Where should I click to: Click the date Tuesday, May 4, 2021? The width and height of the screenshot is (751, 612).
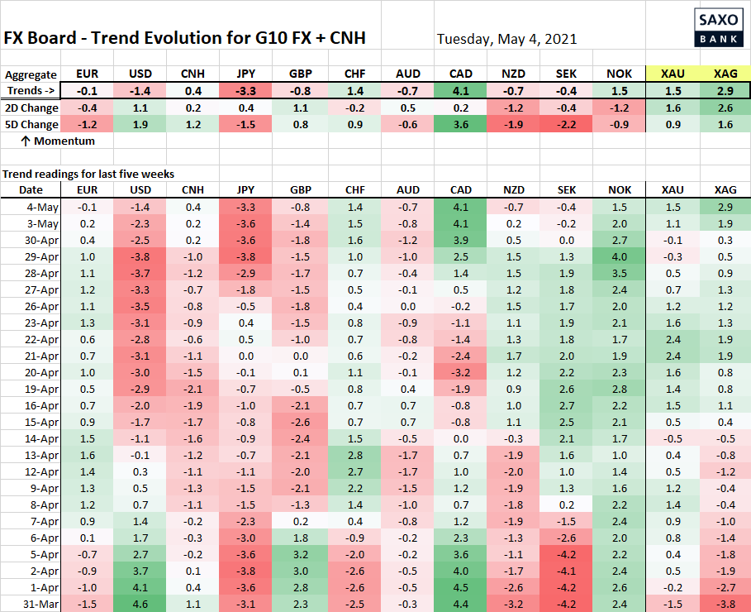tap(506, 39)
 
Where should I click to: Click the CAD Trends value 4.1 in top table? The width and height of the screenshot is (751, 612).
tap(461, 91)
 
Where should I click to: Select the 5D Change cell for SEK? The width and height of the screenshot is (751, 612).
tap(566, 124)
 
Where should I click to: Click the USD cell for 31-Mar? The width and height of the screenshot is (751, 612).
tap(140, 604)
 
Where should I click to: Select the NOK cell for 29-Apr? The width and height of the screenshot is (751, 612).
tap(620, 256)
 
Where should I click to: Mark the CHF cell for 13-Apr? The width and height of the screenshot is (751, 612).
tap(355, 455)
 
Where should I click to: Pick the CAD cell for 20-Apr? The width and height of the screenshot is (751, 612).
tap(461, 372)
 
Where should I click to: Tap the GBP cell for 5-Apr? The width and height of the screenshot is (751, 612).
tap(300, 554)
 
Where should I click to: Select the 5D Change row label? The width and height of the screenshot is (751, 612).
tap(31, 124)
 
